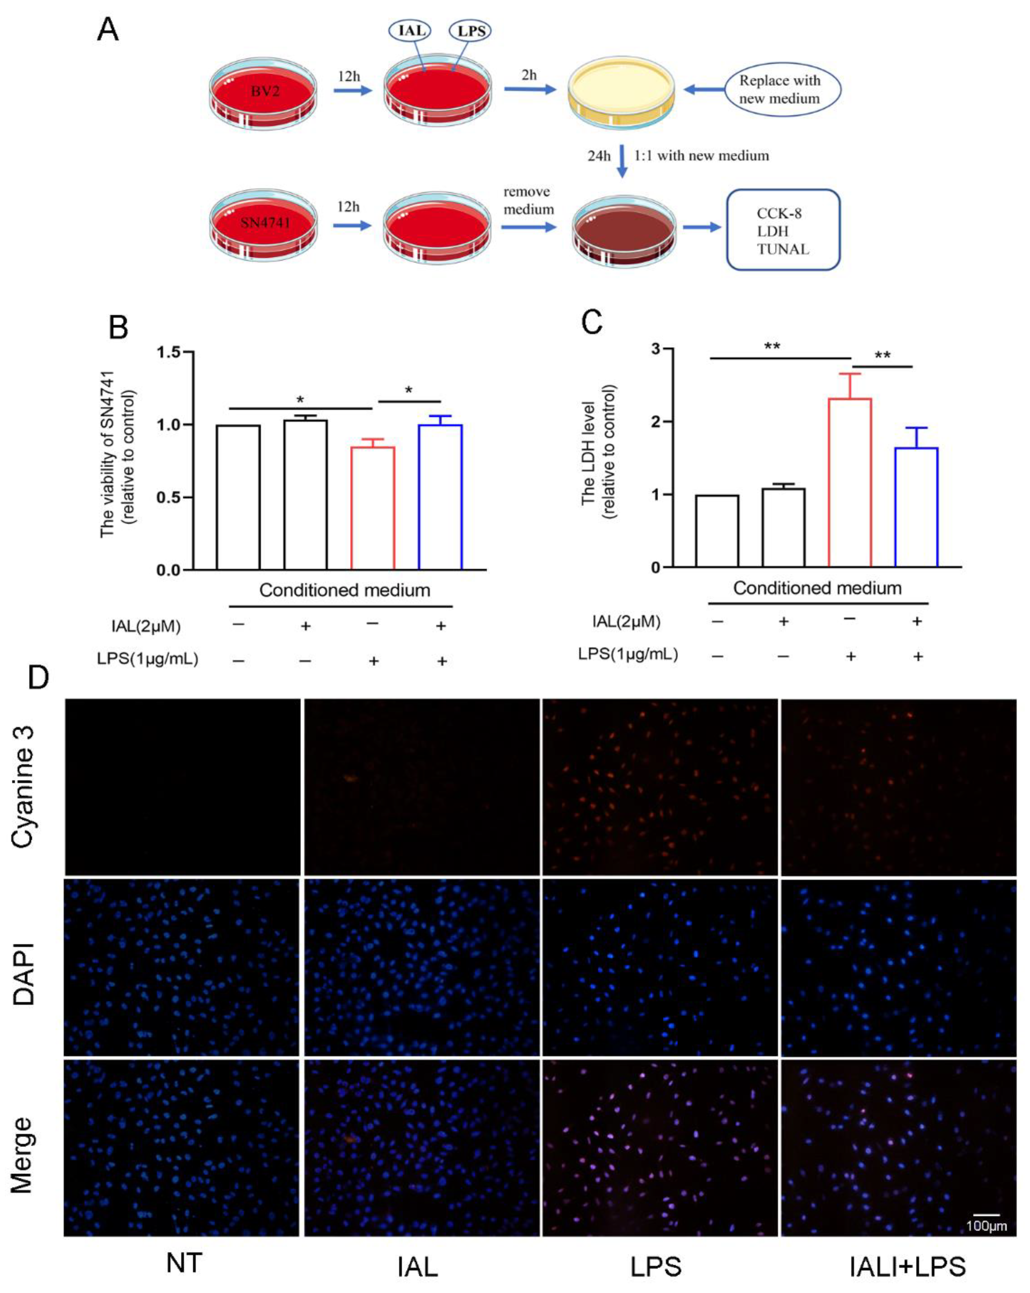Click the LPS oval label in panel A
pos(470,30)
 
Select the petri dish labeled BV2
pos(263,93)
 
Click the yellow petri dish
pos(622,92)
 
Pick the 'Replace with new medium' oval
pos(782,89)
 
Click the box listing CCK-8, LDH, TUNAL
pos(782,230)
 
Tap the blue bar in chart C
pos(916,507)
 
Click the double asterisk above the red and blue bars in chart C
pos(882,356)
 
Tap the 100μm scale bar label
pos(986,1226)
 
